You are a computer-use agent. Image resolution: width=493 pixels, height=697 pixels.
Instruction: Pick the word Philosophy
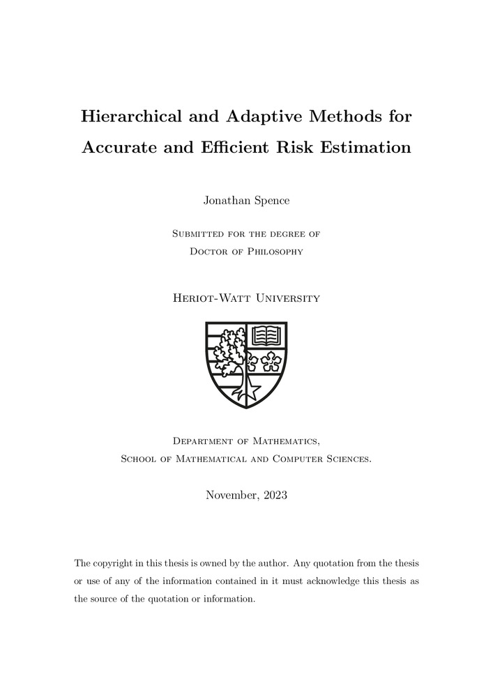pyautogui.click(x=272, y=251)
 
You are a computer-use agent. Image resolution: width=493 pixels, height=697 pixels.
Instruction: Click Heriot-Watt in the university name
pyautogui.click(x=208, y=298)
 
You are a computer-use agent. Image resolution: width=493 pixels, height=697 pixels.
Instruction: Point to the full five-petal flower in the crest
pyautogui.click(x=271, y=360)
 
